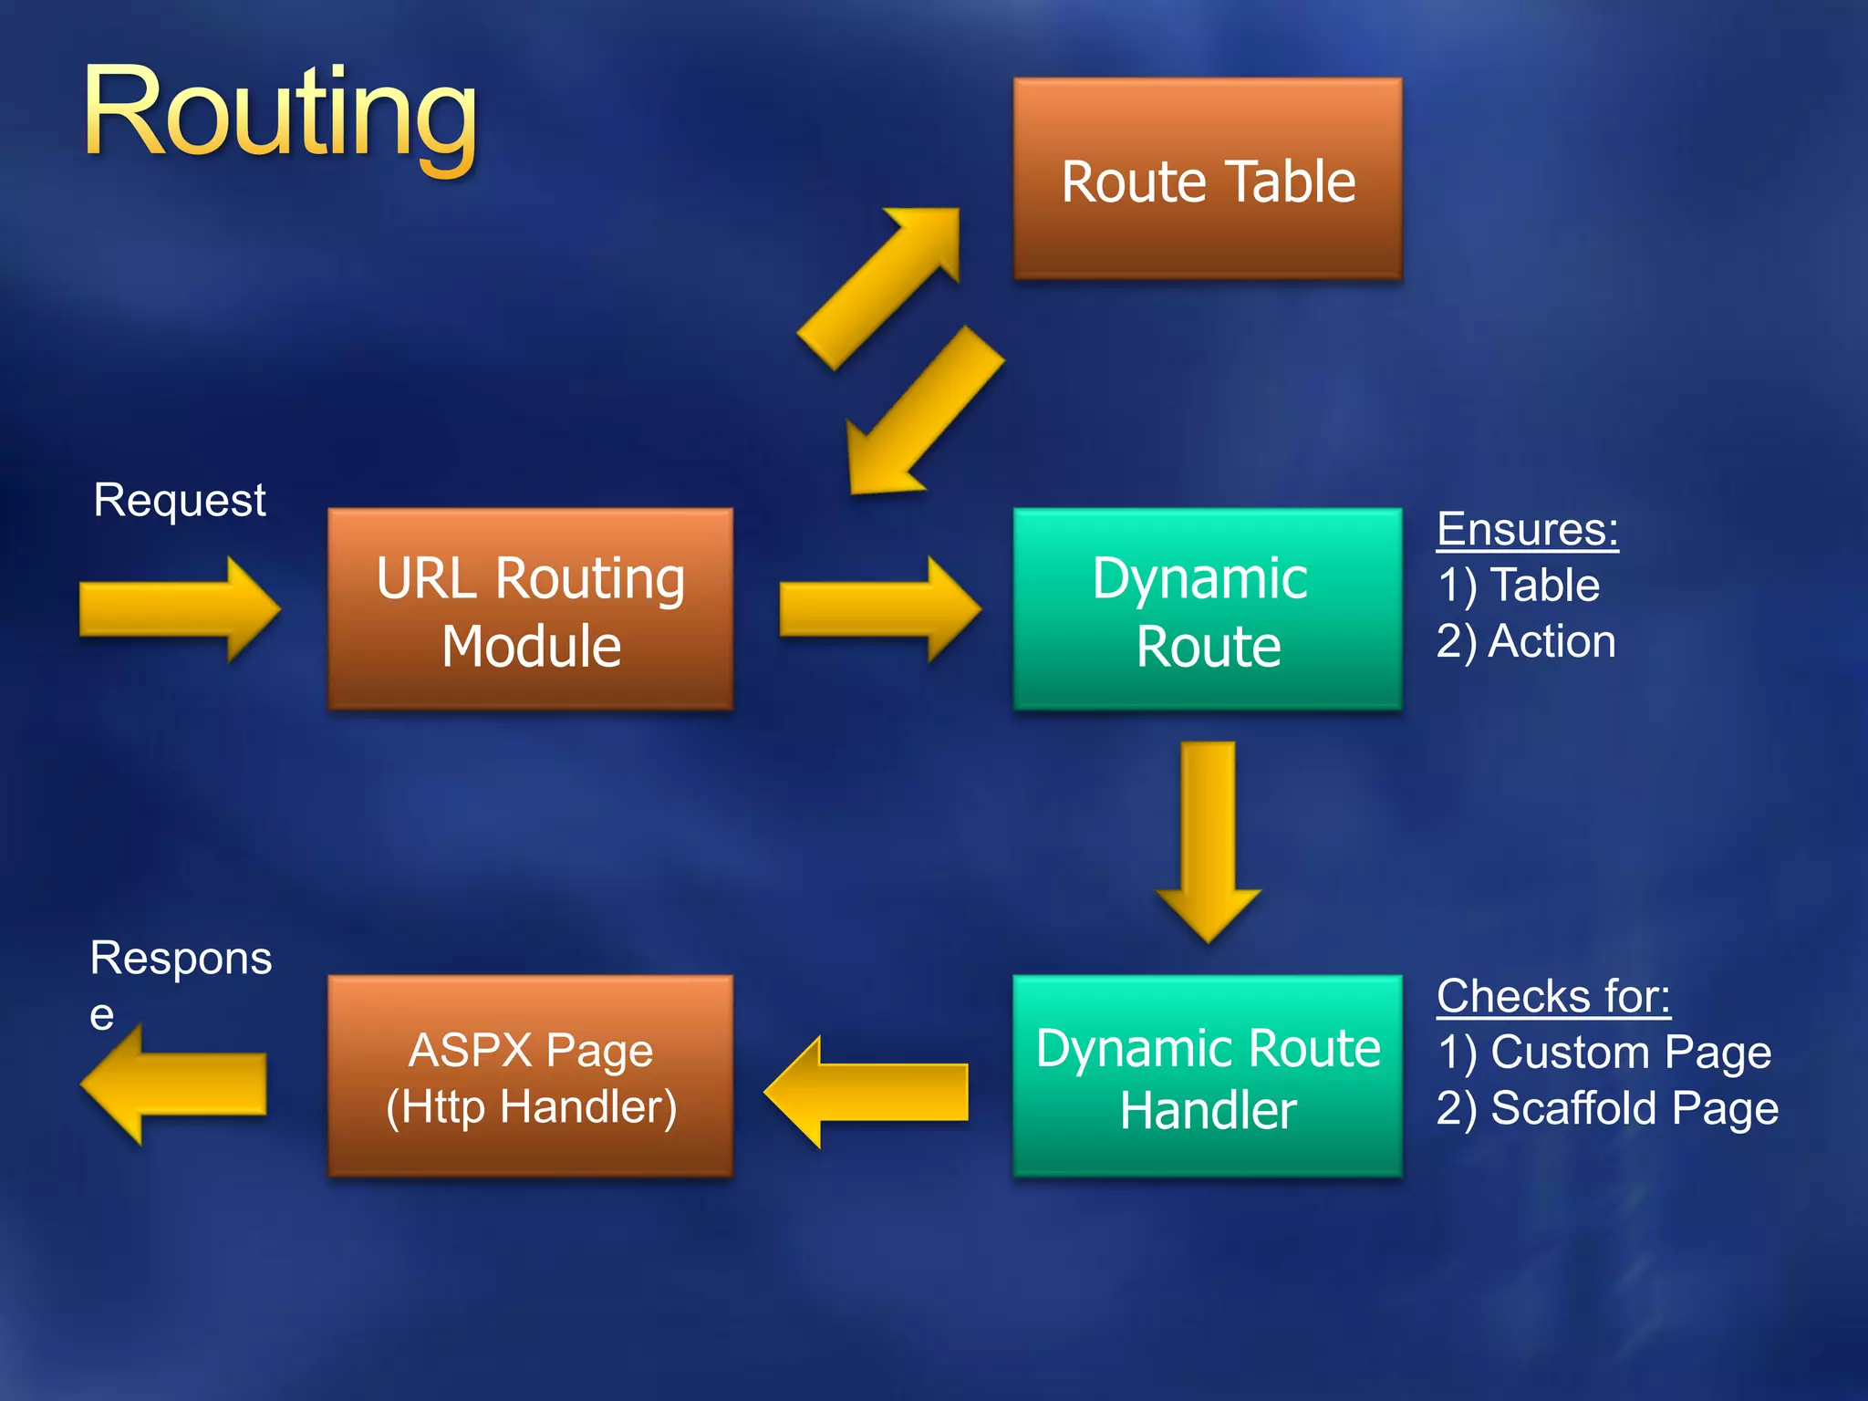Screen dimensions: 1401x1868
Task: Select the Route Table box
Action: pos(1207,180)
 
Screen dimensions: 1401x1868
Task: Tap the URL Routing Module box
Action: pos(530,609)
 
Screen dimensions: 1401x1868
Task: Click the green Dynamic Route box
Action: pos(1207,609)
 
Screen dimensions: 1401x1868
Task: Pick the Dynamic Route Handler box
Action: pos(1207,1076)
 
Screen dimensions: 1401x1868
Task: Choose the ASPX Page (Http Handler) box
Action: pos(530,1076)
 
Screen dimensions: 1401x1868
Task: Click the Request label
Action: pos(180,500)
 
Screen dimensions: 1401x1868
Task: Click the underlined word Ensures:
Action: pos(1527,529)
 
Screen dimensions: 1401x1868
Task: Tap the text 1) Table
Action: pos(1518,585)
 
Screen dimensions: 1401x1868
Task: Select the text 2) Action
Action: pos(1526,641)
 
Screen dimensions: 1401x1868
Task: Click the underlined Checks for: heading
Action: pos(1552,996)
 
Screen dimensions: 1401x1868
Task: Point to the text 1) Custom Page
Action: pos(1603,1052)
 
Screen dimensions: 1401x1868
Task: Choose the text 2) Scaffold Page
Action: pos(1607,1108)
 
